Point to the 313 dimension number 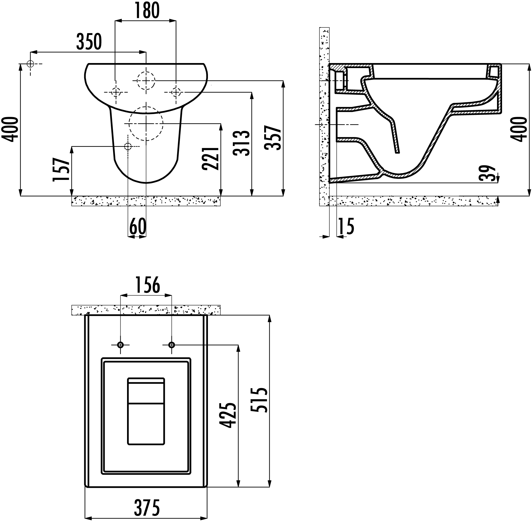[241, 143]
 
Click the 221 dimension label [210, 159]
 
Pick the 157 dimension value [61, 170]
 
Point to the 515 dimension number [259, 400]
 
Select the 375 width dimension [147, 507]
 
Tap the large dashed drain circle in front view [146, 124]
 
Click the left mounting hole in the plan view [120, 345]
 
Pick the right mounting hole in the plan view [172, 345]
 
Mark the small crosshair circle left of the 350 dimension [31, 64]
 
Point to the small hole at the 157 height [128, 146]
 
